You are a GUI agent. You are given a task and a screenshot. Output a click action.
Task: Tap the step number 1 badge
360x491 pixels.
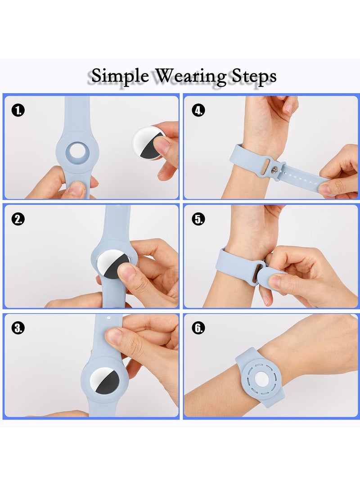[18, 110]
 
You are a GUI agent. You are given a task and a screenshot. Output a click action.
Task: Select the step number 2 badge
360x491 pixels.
[18, 219]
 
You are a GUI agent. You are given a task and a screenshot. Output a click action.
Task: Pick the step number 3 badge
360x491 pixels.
[18, 328]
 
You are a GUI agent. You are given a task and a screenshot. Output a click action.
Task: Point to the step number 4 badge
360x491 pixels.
[198, 110]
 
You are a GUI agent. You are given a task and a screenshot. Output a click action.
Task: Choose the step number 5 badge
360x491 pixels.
[198, 219]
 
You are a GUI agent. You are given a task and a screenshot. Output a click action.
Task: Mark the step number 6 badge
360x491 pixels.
[198, 328]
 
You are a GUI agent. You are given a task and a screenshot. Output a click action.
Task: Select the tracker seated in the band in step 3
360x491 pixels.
[104, 382]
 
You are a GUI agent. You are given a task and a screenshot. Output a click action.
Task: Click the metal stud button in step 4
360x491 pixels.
[274, 170]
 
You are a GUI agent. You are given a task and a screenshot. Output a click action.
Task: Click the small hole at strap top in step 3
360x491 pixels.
[109, 318]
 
